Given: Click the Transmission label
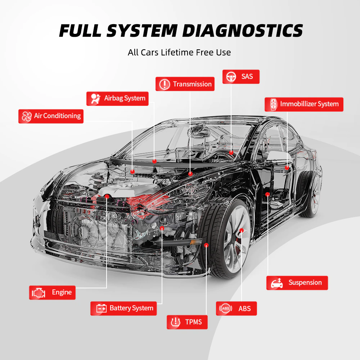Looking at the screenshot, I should [x=185, y=84].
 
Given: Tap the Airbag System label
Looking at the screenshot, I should [x=117, y=98].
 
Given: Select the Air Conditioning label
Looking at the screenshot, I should [x=51, y=116].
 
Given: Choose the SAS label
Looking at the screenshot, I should [x=241, y=76].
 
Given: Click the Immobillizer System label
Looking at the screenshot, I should [x=304, y=104].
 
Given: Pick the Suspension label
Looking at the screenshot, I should [x=297, y=283].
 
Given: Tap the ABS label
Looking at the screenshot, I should [x=236, y=309].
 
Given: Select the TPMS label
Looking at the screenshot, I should [x=187, y=322].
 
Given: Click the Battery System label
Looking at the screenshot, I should [x=123, y=308].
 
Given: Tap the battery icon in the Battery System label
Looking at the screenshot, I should [x=102, y=309].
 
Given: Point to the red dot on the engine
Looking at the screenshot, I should [x=107, y=196].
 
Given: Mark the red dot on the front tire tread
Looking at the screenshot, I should [x=206, y=245].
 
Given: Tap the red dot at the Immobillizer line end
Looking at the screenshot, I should [x=287, y=167].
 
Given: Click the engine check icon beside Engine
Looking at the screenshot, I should [x=39, y=292].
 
